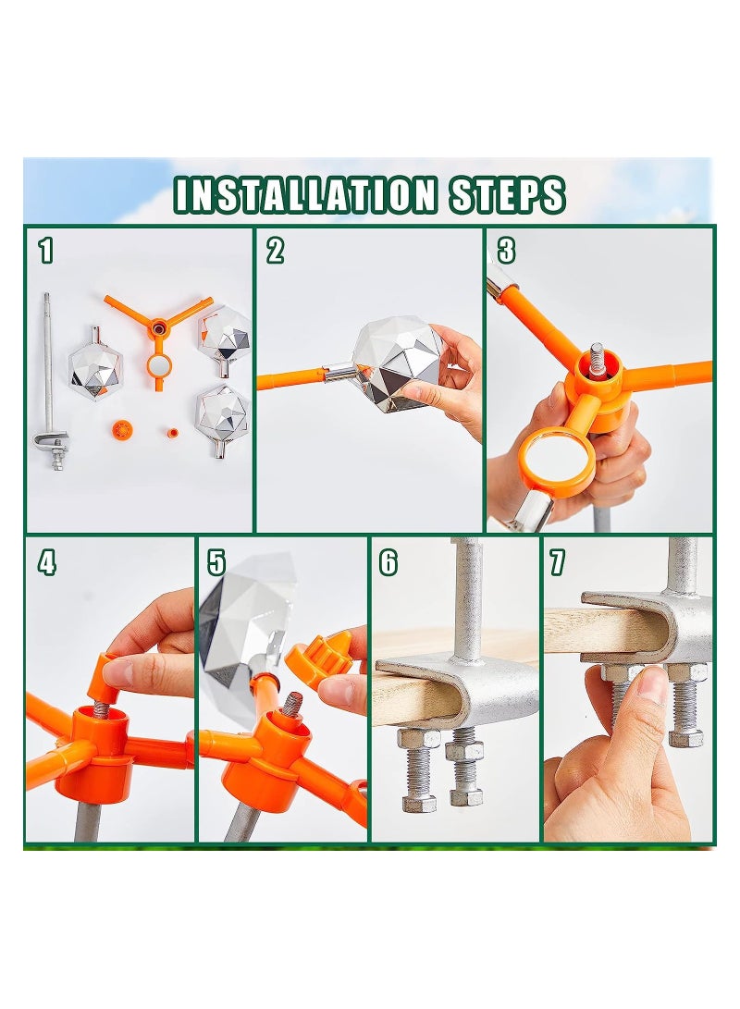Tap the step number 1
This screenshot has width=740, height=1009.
click(x=46, y=250)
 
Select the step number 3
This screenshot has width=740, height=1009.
click(x=506, y=250)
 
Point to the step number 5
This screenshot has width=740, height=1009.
click(x=216, y=561)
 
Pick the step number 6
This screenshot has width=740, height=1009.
click(x=388, y=561)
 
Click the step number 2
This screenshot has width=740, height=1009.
click(x=275, y=250)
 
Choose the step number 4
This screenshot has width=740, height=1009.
click(x=46, y=561)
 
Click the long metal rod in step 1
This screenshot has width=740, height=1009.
click(x=47, y=370)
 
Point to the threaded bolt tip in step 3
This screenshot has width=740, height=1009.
click(x=598, y=357)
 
